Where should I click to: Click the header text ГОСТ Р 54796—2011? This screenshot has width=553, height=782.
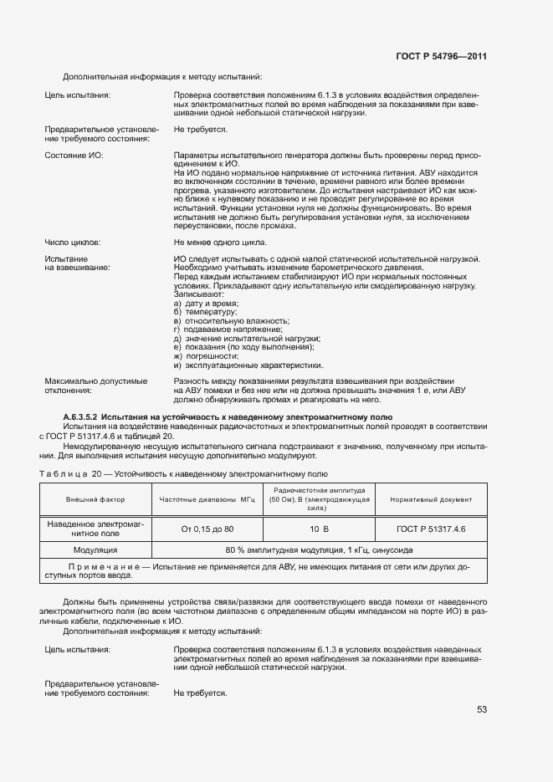(442, 56)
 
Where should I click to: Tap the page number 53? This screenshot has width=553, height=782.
(481, 710)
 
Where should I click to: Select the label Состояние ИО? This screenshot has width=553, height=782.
(74, 156)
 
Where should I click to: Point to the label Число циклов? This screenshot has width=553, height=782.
(72, 242)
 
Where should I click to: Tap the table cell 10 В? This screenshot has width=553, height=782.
(319, 529)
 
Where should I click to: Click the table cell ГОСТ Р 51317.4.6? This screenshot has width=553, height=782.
(431, 529)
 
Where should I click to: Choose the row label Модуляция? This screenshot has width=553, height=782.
(95, 550)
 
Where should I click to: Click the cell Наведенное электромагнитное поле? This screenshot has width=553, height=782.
(95, 528)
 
